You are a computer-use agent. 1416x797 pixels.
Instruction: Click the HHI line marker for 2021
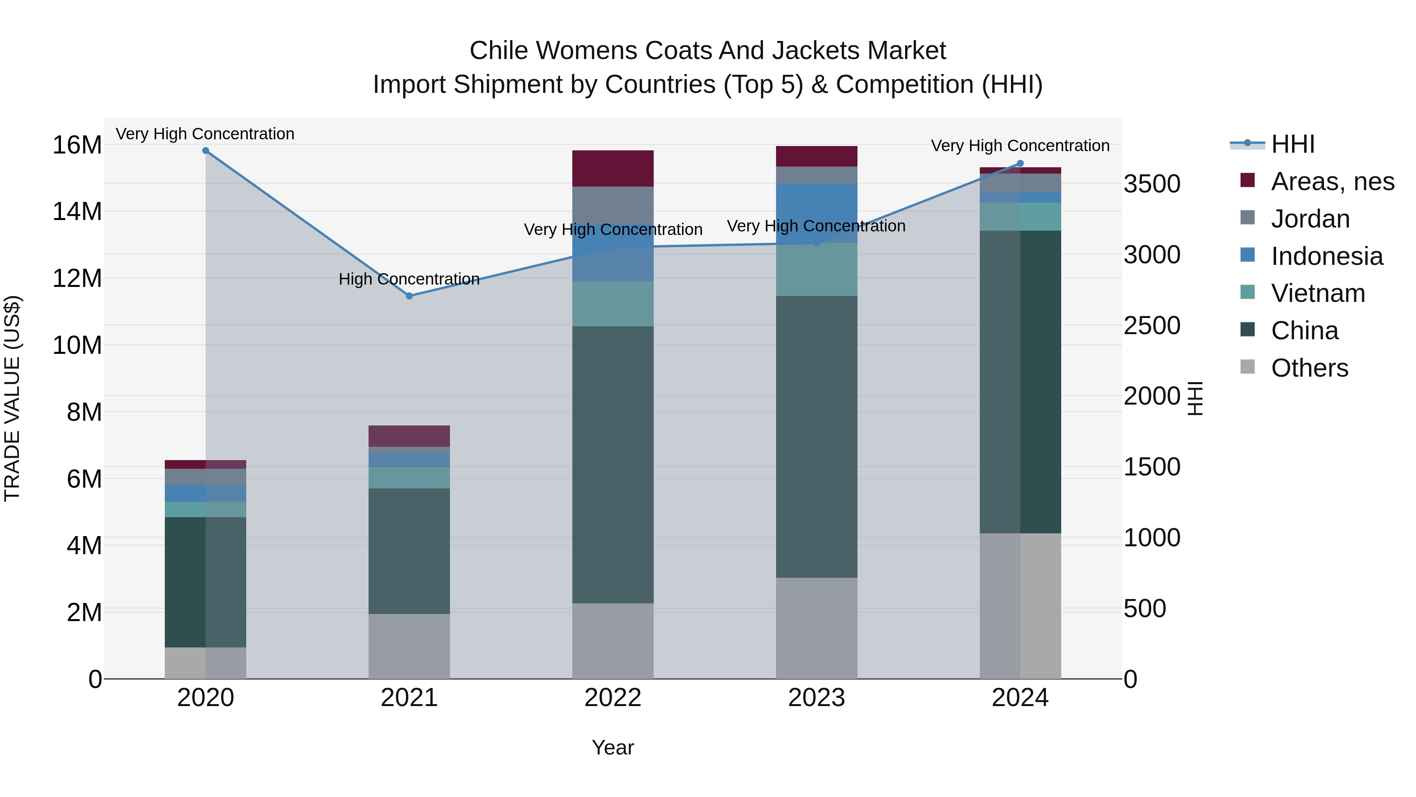(x=409, y=296)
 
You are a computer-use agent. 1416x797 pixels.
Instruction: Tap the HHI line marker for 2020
(x=206, y=151)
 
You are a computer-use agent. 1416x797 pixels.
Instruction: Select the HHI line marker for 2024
(x=1020, y=163)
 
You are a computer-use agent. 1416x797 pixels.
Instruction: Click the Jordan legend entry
(x=1310, y=219)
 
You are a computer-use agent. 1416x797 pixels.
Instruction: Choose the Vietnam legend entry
(x=1318, y=293)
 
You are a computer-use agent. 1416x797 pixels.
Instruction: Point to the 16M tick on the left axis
(x=77, y=145)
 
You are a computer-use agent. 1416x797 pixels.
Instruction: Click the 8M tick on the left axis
(x=84, y=412)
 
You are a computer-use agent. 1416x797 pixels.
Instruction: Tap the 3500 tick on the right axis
(x=1152, y=184)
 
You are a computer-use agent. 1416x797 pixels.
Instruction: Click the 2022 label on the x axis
(x=613, y=698)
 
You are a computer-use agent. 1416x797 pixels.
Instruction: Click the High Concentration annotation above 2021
(x=409, y=279)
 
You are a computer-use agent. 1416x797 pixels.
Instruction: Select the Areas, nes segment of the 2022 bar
(x=613, y=168)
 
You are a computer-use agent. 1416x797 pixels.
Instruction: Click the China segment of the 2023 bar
(x=816, y=437)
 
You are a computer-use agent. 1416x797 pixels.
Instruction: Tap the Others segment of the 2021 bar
(x=409, y=646)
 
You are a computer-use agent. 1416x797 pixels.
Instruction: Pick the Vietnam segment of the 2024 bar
(x=1020, y=217)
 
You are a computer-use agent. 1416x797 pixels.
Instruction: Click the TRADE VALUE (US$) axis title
(x=12, y=398)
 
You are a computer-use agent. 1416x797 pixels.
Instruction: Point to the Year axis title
(x=613, y=747)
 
